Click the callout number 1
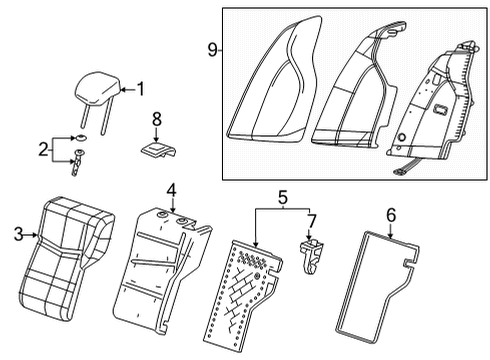[140, 88]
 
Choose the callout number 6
[391, 213]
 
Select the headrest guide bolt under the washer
[76, 161]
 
